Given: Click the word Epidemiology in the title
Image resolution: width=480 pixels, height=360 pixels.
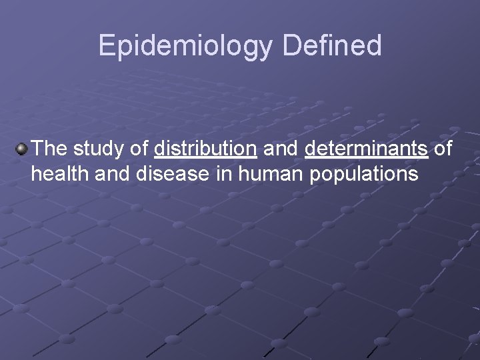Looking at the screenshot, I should click(185, 46).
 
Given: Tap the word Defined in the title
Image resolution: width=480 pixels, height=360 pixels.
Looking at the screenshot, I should click(331, 46).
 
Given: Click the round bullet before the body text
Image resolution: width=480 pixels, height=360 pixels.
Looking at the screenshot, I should click(22, 148).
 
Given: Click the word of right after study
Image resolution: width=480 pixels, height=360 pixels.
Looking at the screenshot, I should click(139, 148).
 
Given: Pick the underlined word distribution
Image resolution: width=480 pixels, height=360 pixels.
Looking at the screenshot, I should click(205, 148).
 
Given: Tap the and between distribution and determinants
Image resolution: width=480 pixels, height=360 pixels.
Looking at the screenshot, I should click(281, 148).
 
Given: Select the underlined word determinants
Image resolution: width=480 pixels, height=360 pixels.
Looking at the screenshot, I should click(366, 148).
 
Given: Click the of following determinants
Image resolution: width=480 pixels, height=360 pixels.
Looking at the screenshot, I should click(443, 148).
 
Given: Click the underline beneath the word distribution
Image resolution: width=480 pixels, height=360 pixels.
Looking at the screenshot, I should click(205, 158).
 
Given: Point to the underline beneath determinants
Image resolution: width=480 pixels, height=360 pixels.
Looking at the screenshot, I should click(366, 158).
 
